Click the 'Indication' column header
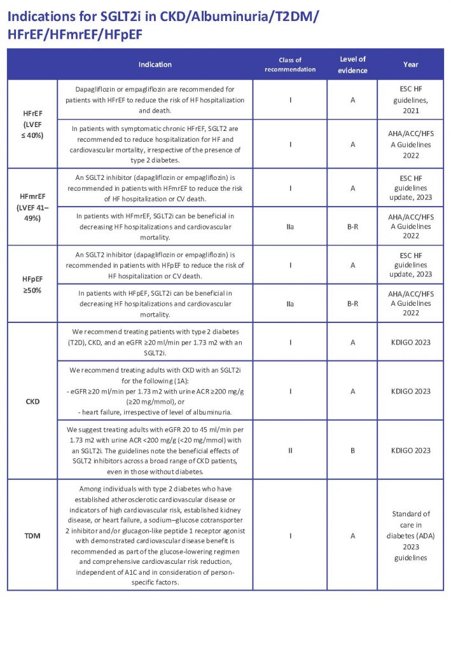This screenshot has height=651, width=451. (x=155, y=64)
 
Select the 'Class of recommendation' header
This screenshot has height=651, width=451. (x=290, y=64)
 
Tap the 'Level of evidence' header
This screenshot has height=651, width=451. (x=352, y=64)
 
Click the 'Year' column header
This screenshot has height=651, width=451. (x=410, y=64)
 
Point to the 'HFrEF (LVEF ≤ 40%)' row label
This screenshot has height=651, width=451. (x=32, y=124)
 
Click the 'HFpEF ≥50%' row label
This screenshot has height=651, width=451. (x=32, y=284)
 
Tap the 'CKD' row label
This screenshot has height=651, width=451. (x=32, y=401)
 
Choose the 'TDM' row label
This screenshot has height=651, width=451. (x=32, y=535)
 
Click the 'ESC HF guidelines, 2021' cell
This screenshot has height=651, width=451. (x=410, y=99)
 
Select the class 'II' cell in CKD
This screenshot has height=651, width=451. (x=290, y=450)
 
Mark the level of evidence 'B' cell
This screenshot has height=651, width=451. (x=352, y=450)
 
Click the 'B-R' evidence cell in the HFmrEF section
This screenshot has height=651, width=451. (x=352, y=226)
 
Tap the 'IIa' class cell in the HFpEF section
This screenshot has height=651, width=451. (x=290, y=304)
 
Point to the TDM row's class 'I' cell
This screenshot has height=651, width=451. (x=290, y=535)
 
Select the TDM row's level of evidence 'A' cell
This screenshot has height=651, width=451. (x=352, y=535)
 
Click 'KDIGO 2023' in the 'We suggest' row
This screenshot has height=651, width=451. (x=410, y=450)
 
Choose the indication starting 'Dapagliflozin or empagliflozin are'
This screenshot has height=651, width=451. (x=155, y=99)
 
